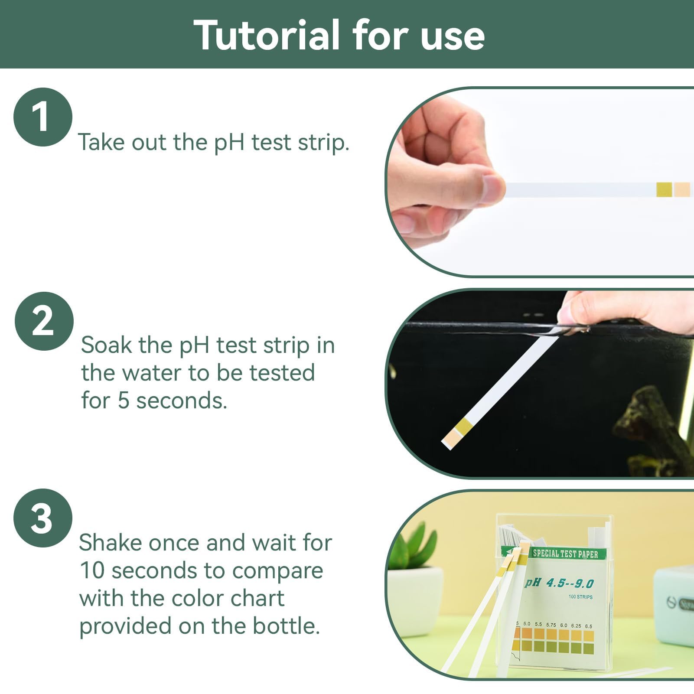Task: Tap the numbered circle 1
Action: pyautogui.click(x=42, y=117)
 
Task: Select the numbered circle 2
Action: pyautogui.click(x=44, y=321)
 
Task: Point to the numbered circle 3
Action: pyautogui.click(x=42, y=518)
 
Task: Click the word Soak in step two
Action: pyautogui.click(x=106, y=345)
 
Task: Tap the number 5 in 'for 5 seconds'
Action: pyautogui.click(x=124, y=401)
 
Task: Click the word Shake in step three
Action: pyautogui.click(x=110, y=543)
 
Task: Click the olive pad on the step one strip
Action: pyautogui.click(x=664, y=190)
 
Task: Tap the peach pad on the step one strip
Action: pyautogui.click(x=682, y=190)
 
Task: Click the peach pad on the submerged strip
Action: pyautogui.click(x=450, y=439)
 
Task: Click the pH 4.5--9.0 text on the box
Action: pyautogui.click(x=559, y=583)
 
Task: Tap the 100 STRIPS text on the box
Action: pyautogui.click(x=580, y=597)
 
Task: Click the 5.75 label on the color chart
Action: pyautogui.click(x=551, y=625)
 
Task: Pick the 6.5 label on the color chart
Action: pyautogui.click(x=588, y=626)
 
